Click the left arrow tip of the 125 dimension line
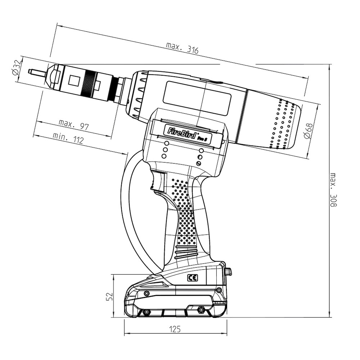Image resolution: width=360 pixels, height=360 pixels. pos(124,334)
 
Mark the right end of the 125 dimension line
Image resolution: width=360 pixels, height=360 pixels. pos(227,334)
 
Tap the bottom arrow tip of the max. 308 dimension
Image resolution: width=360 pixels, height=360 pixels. pos(329,317)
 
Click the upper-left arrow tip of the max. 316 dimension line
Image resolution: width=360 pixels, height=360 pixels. pos(57,25)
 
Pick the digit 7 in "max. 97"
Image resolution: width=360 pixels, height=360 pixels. pos(86,127)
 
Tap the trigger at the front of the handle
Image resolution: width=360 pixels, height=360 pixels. pos(158,181)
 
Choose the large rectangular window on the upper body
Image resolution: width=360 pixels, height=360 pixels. pos(197,99)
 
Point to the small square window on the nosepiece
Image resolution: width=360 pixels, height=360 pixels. pos(75,81)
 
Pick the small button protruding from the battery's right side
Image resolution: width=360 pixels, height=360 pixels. pos(229,272)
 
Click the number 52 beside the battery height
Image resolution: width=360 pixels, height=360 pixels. pos(110,297)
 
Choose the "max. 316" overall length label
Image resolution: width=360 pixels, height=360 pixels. pos(182,48)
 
